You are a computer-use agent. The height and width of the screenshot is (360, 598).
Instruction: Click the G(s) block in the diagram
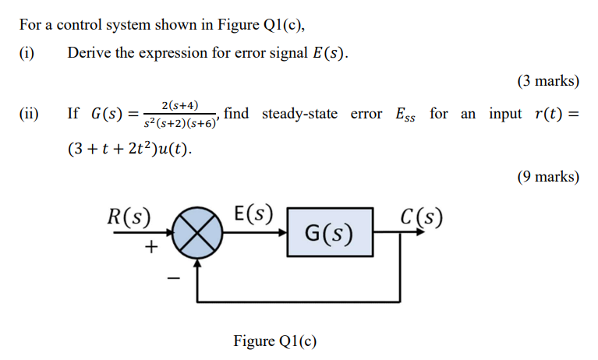click(328, 232)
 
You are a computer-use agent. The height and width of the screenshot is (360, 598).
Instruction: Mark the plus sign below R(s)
click(151, 247)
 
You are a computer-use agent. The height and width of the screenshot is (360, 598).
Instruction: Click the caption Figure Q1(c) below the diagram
click(275, 341)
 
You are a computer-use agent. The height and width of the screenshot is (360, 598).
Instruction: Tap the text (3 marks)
click(547, 81)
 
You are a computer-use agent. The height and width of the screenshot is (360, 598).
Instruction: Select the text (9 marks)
click(547, 177)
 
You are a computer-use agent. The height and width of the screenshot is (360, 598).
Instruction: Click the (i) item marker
click(27, 53)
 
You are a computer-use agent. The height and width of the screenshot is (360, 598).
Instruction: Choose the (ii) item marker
click(29, 115)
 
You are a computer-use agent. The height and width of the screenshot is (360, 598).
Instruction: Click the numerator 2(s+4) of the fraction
click(179, 104)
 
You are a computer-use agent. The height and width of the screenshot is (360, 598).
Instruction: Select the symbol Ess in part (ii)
click(405, 115)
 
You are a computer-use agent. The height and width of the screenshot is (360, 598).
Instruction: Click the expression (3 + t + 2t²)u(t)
click(129, 148)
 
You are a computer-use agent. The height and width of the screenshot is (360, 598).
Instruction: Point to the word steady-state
click(299, 114)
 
